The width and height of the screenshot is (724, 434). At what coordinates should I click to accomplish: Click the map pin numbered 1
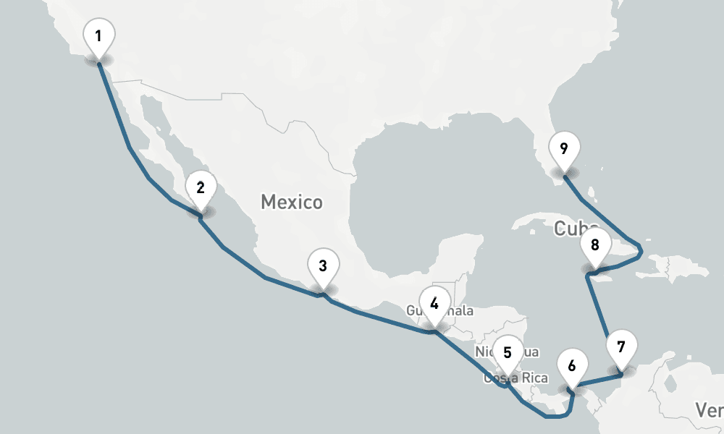coord(98,36)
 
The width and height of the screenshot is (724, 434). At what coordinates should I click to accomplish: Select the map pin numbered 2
coord(201,188)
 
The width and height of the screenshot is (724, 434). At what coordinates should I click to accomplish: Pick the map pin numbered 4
coord(434,303)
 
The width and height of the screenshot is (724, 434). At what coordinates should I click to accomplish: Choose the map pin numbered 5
coord(508,353)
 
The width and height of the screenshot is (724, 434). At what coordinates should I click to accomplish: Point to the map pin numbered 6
coord(572,365)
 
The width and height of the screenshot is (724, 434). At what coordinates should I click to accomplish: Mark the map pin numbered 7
coord(620,346)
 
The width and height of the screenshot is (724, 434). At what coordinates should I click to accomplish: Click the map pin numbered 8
coord(595,244)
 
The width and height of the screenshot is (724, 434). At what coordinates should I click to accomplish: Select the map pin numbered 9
coord(564,148)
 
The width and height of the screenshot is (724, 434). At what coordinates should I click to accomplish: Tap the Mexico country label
coord(292,202)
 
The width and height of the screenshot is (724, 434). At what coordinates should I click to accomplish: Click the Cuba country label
coord(572,229)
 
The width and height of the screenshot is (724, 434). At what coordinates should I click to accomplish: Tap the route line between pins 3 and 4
coord(376,318)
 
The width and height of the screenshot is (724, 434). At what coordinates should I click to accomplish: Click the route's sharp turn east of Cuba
coord(641,251)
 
